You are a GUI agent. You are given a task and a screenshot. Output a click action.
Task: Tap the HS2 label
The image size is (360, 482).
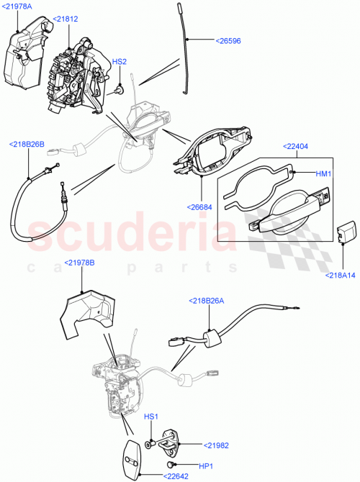pyautogui.click(x=120, y=62)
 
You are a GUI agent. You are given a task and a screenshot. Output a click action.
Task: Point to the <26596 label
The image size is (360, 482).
pyautogui.click(x=229, y=41)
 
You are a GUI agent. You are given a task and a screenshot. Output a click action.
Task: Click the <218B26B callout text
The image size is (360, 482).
pyautogui.click(x=27, y=144)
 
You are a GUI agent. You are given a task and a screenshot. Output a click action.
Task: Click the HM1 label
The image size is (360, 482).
pyautogui.click(x=324, y=173)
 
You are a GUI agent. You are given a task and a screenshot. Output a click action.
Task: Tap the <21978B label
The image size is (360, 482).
pyautogui.click(x=79, y=263)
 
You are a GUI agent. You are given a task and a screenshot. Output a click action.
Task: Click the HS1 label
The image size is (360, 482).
pyautogui.click(x=151, y=417)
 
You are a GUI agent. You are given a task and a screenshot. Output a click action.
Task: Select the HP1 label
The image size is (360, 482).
pyautogui.click(x=189, y=465)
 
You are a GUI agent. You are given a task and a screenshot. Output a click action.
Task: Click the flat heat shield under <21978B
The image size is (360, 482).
pyautogui.click(x=90, y=308)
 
